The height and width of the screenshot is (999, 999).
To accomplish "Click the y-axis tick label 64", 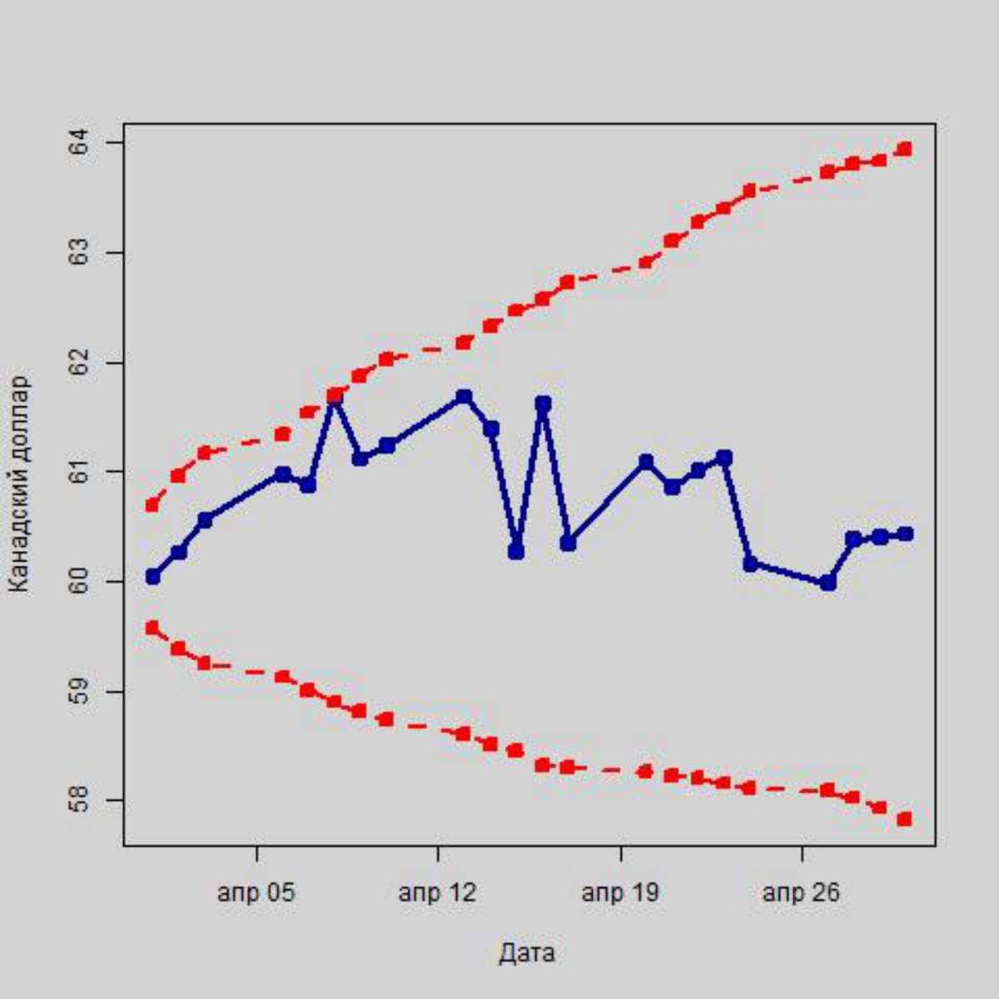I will click(80, 143).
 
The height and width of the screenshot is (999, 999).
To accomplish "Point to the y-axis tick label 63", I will click(80, 252).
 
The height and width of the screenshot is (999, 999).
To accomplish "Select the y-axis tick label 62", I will click(80, 363).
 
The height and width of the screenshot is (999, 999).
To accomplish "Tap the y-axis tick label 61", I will click(80, 472).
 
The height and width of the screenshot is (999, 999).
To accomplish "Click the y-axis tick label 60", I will click(80, 581).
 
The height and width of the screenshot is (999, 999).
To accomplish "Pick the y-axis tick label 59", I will click(80, 691).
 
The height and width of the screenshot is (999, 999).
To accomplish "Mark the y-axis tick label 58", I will click(80, 801).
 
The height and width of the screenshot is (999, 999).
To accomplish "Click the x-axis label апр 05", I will click(256, 893).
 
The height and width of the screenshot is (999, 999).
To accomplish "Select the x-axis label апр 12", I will click(438, 893).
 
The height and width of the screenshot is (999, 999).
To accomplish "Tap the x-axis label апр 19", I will click(620, 893).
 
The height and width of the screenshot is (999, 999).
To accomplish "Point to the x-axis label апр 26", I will click(802, 893).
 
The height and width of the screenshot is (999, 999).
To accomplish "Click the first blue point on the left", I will click(152, 576).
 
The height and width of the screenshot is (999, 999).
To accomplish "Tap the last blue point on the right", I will click(906, 534).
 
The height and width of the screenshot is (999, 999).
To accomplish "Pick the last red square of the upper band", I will click(905, 149).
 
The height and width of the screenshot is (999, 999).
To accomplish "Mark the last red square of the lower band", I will click(905, 819).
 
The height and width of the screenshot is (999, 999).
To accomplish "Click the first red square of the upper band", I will click(152, 504).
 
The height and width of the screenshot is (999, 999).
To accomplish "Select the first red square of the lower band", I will click(152, 628).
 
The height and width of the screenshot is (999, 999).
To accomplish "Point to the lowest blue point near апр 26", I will click(828, 583).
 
